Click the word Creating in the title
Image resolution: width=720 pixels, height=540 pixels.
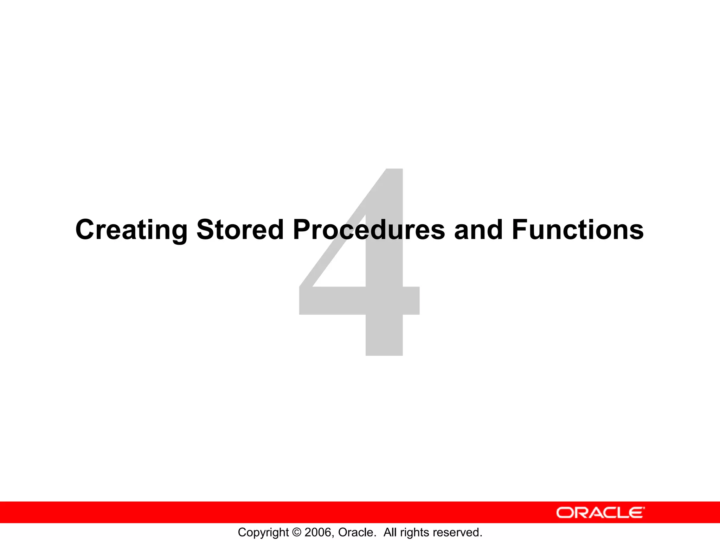coord(131,230)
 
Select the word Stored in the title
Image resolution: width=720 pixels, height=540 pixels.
coord(240,230)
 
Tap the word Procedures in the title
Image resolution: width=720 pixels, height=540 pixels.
coord(369,230)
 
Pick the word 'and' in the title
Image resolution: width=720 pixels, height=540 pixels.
coord(478,230)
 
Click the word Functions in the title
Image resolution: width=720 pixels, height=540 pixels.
coord(578,230)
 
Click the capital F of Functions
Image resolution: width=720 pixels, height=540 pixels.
coord(520,230)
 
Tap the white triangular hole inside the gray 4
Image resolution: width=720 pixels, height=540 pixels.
coord(346,267)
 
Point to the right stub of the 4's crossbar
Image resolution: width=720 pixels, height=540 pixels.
coord(411,301)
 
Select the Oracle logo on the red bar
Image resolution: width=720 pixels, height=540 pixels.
coord(600,513)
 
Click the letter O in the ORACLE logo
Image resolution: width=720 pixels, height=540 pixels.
coord(565,513)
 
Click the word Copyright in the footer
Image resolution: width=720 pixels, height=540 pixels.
coord(263,533)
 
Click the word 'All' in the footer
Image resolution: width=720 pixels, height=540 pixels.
coord(390,532)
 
